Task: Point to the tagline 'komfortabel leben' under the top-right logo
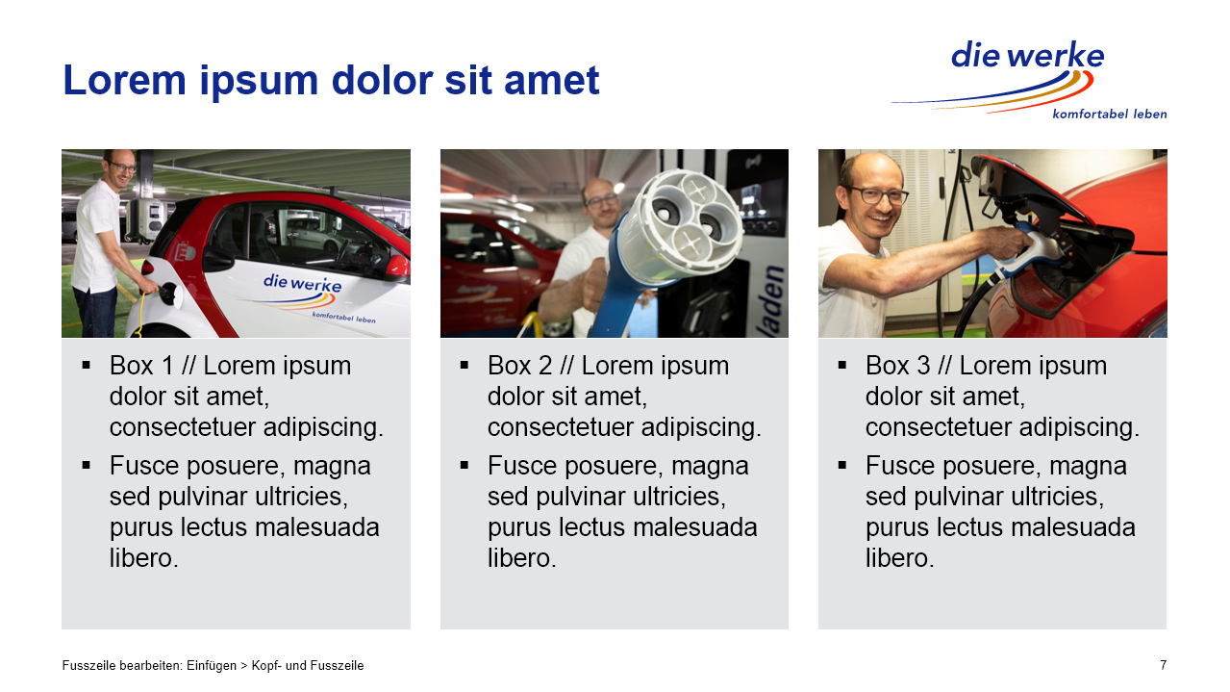(x=1109, y=115)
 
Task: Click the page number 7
(x=1163, y=665)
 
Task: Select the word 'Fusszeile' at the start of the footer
(x=88, y=666)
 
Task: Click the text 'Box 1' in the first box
(x=141, y=366)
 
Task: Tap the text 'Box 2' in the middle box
(x=519, y=366)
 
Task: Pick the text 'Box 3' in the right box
(x=898, y=366)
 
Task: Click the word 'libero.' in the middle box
(x=521, y=558)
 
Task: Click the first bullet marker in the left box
(x=86, y=365)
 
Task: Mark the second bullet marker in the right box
(x=842, y=466)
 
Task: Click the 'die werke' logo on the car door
(x=302, y=283)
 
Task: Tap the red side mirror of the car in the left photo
(x=397, y=266)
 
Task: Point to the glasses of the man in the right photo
(x=877, y=194)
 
